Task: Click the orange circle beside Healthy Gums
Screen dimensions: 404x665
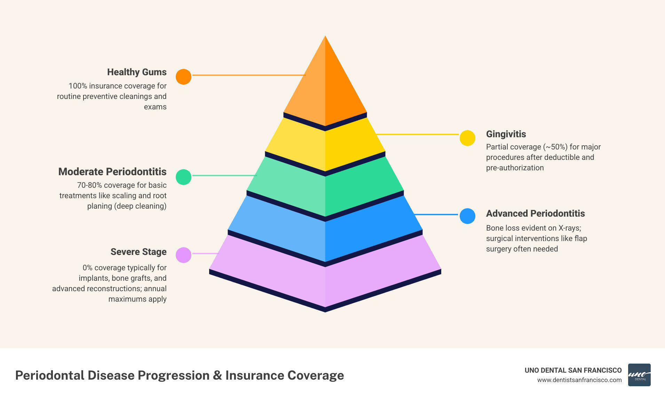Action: coord(183,77)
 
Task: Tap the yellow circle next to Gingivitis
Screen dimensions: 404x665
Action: coord(467,138)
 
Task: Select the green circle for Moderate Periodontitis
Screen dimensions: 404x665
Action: coord(183,177)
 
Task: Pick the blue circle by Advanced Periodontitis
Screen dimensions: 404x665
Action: coord(467,216)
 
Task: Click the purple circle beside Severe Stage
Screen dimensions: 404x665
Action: coord(183,255)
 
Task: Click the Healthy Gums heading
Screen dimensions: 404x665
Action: coord(137,72)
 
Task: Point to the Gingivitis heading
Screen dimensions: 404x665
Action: coord(506,134)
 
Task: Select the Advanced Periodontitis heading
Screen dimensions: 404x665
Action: coord(535,213)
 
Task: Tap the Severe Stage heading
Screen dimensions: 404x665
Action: coord(138,252)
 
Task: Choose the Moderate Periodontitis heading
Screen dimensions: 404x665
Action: coord(112,172)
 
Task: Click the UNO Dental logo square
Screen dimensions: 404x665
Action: coord(639,375)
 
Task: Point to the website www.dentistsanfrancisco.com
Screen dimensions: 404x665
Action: coord(579,380)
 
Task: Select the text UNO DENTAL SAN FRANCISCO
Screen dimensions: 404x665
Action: coord(573,370)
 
